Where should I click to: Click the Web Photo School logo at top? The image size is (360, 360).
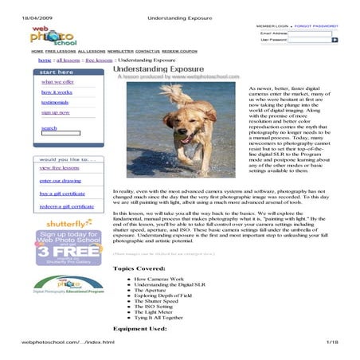click(53, 36)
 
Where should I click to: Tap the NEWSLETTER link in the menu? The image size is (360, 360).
click(121, 51)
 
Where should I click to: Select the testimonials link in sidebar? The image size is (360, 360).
click(54, 102)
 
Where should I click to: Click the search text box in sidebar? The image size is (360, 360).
click(61, 133)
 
